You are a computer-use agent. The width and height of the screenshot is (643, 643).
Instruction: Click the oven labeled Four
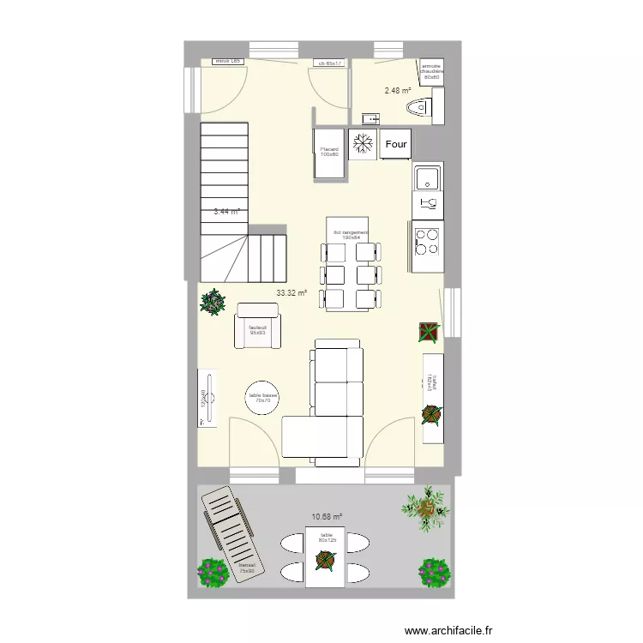[x=396, y=144]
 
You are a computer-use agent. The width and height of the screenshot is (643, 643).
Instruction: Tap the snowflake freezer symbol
[x=364, y=142]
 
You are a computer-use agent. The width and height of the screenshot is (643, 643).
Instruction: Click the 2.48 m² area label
[x=397, y=90]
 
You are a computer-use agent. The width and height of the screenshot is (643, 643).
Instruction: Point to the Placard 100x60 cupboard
[x=330, y=153]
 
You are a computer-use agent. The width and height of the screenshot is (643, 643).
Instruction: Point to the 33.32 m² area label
[x=291, y=292]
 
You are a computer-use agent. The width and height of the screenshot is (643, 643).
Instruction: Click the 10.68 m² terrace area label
[x=327, y=517]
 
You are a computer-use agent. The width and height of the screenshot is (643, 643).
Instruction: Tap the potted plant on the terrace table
[x=325, y=561]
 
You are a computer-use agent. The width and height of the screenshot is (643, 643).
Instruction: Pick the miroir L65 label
[x=228, y=63]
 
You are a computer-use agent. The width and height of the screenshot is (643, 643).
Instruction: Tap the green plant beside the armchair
[x=212, y=302]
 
